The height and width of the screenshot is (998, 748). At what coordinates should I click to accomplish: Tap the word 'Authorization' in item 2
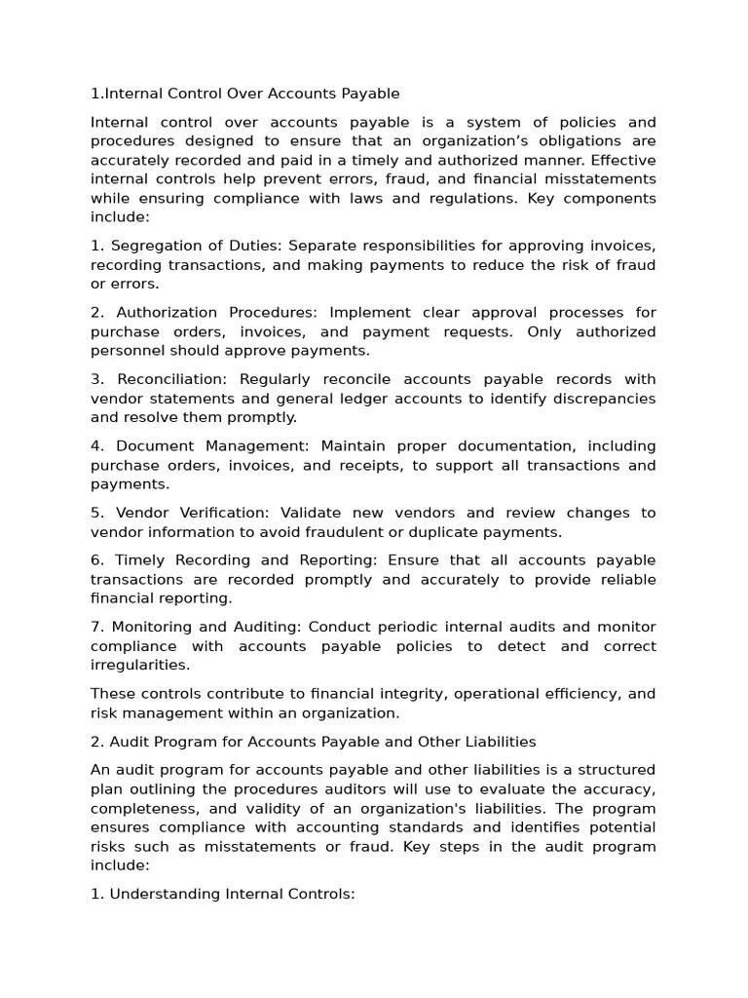click(x=167, y=313)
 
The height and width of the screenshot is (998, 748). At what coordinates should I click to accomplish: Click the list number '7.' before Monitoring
click(x=97, y=627)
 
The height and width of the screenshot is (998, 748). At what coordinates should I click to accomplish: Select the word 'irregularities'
click(x=140, y=665)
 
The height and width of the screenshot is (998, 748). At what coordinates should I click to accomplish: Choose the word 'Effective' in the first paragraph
click(x=620, y=160)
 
